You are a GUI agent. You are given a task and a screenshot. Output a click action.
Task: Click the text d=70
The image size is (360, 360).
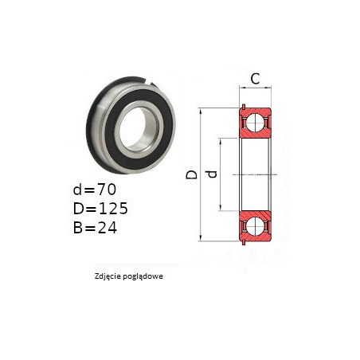[95, 190]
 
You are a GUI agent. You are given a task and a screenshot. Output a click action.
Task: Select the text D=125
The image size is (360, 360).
[100, 209]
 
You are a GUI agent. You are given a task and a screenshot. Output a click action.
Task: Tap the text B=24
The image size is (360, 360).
[95, 228]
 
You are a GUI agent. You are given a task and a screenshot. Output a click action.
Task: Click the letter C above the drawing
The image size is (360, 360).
[255, 79]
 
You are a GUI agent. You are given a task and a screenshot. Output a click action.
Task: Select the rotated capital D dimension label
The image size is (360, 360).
[192, 174]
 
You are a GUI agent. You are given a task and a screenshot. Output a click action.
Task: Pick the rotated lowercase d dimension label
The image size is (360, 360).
[212, 174]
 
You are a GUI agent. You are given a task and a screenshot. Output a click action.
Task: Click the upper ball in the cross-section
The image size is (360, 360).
[255, 123]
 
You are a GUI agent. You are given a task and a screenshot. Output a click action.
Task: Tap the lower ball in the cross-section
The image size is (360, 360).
[255, 226]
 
